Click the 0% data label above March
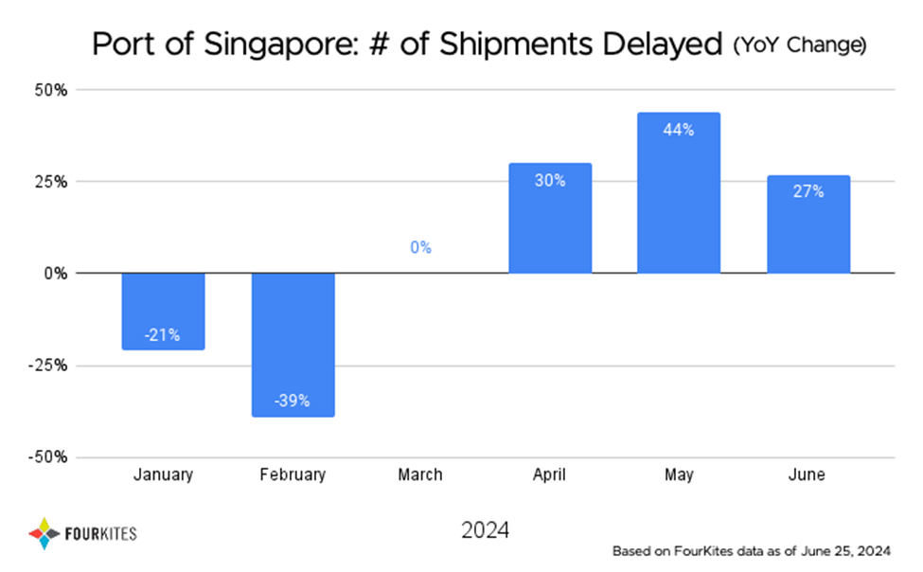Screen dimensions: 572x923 [421, 248]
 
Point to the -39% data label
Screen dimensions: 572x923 [293, 401]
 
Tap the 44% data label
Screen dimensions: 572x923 [679, 131]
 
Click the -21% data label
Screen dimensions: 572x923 [163, 335]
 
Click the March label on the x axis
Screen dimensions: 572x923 [421, 475]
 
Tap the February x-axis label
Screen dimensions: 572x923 [293, 475]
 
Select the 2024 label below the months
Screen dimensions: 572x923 [485, 530]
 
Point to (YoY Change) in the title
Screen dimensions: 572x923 [800, 45]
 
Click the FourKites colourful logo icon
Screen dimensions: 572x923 [44, 532]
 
